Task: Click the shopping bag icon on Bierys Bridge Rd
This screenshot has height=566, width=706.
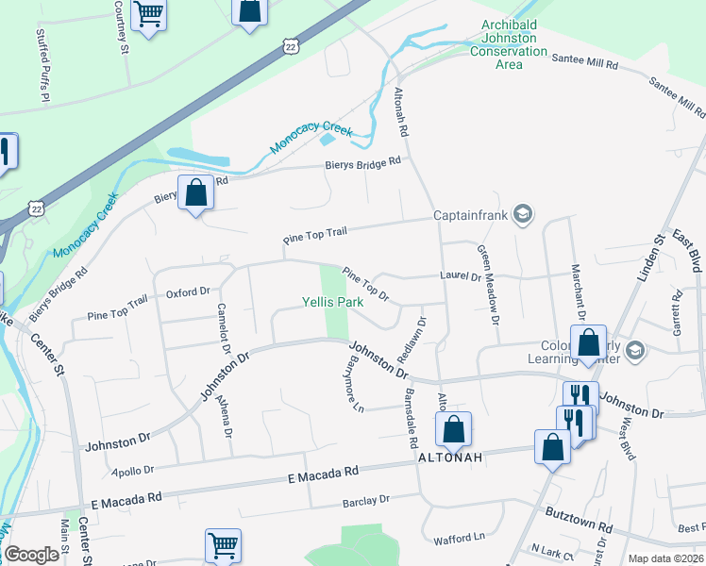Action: pyautogui.click(x=195, y=193)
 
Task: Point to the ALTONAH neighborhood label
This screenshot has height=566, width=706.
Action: pyautogui.click(x=450, y=457)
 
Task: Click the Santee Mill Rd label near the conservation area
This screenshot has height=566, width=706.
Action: pyautogui.click(x=585, y=62)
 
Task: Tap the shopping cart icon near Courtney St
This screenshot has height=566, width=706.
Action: pyautogui.click(x=149, y=14)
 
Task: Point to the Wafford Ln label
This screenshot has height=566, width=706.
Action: pyautogui.click(x=459, y=540)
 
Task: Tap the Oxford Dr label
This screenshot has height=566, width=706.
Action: pyautogui.click(x=187, y=293)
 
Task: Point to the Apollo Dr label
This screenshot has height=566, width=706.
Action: pyautogui.click(x=132, y=469)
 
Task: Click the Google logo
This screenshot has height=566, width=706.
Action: pyautogui.click(x=32, y=555)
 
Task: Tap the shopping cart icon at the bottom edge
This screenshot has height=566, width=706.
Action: pyautogui.click(x=223, y=544)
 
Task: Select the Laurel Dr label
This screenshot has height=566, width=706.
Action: pyautogui.click(x=461, y=276)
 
